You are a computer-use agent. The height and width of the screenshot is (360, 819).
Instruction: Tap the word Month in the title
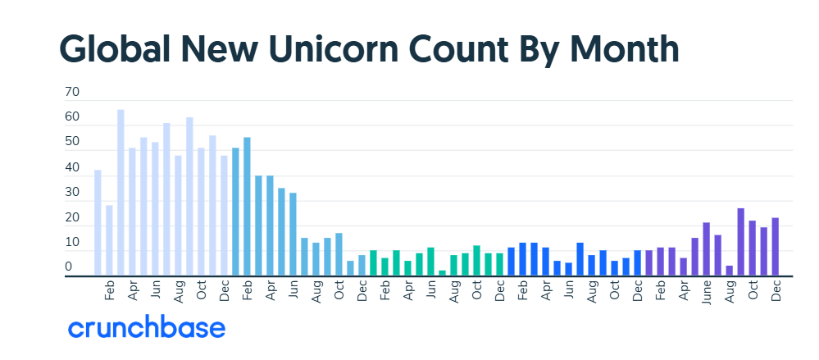point(625,49)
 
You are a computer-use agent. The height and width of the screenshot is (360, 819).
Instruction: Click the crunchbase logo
point(146,329)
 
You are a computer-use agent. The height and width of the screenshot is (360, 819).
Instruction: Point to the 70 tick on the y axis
point(72,93)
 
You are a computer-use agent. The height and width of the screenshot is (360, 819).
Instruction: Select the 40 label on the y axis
point(72,168)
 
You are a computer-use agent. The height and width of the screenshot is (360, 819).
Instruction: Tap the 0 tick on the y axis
point(69,267)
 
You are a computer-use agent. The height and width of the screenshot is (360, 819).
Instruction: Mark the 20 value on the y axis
point(72,218)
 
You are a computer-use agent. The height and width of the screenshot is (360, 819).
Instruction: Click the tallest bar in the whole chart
point(121,193)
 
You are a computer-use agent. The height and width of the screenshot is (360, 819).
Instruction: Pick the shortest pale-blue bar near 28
point(109,240)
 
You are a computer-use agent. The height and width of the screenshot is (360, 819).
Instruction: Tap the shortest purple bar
point(729,271)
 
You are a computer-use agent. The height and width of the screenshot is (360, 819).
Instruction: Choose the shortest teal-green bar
point(442,273)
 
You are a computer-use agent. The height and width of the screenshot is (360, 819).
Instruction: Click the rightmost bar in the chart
point(775,247)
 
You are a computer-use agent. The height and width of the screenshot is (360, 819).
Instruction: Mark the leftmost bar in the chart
point(98,223)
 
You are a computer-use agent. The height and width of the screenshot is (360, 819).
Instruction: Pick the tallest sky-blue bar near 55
point(247,207)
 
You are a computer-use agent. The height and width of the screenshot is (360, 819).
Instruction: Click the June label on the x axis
point(706,294)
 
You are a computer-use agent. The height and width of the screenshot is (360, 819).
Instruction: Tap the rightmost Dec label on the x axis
point(775,290)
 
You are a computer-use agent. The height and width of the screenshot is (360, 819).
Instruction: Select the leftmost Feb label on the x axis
point(109,290)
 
